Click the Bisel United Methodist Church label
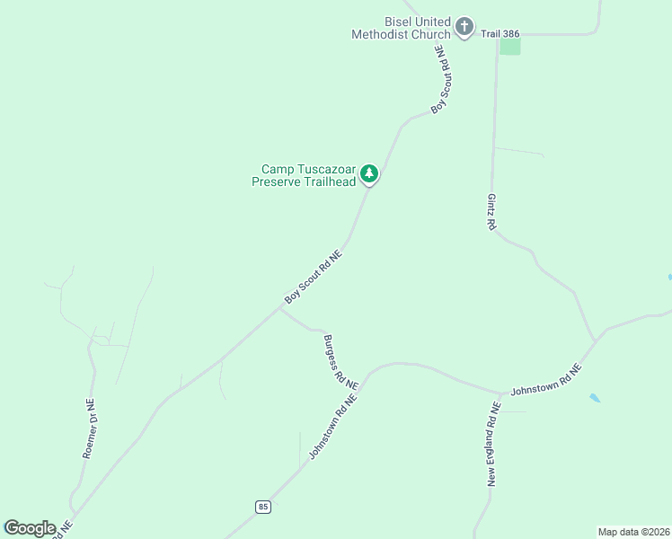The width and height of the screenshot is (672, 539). click(x=401, y=28)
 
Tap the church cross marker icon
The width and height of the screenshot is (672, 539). click(x=464, y=27)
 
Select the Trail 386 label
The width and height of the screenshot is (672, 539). click(x=500, y=33)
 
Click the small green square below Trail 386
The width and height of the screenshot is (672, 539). click(x=509, y=46)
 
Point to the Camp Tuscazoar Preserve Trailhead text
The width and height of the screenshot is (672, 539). click(x=308, y=174)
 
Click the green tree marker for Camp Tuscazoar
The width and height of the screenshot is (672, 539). click(x=369, y=173)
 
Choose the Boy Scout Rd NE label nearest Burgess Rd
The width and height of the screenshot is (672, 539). click(x=314, y=276)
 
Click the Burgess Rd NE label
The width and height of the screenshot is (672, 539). click(x=340, y=361)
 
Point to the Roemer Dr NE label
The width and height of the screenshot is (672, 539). click(x=89, y=429)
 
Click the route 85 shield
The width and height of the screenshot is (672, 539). click(x=262, y=507)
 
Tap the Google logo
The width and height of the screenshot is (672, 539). click(x=30, y=528)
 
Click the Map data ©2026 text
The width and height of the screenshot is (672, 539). click(x=634, y=532)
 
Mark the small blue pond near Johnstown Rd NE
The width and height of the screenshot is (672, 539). click(x=595, y=397)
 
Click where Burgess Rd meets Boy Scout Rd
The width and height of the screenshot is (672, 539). click(x=280, y=309)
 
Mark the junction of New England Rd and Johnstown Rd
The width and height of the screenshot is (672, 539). click(x=500, y=393)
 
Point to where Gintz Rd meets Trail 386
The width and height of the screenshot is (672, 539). click(x=497, y=34)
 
